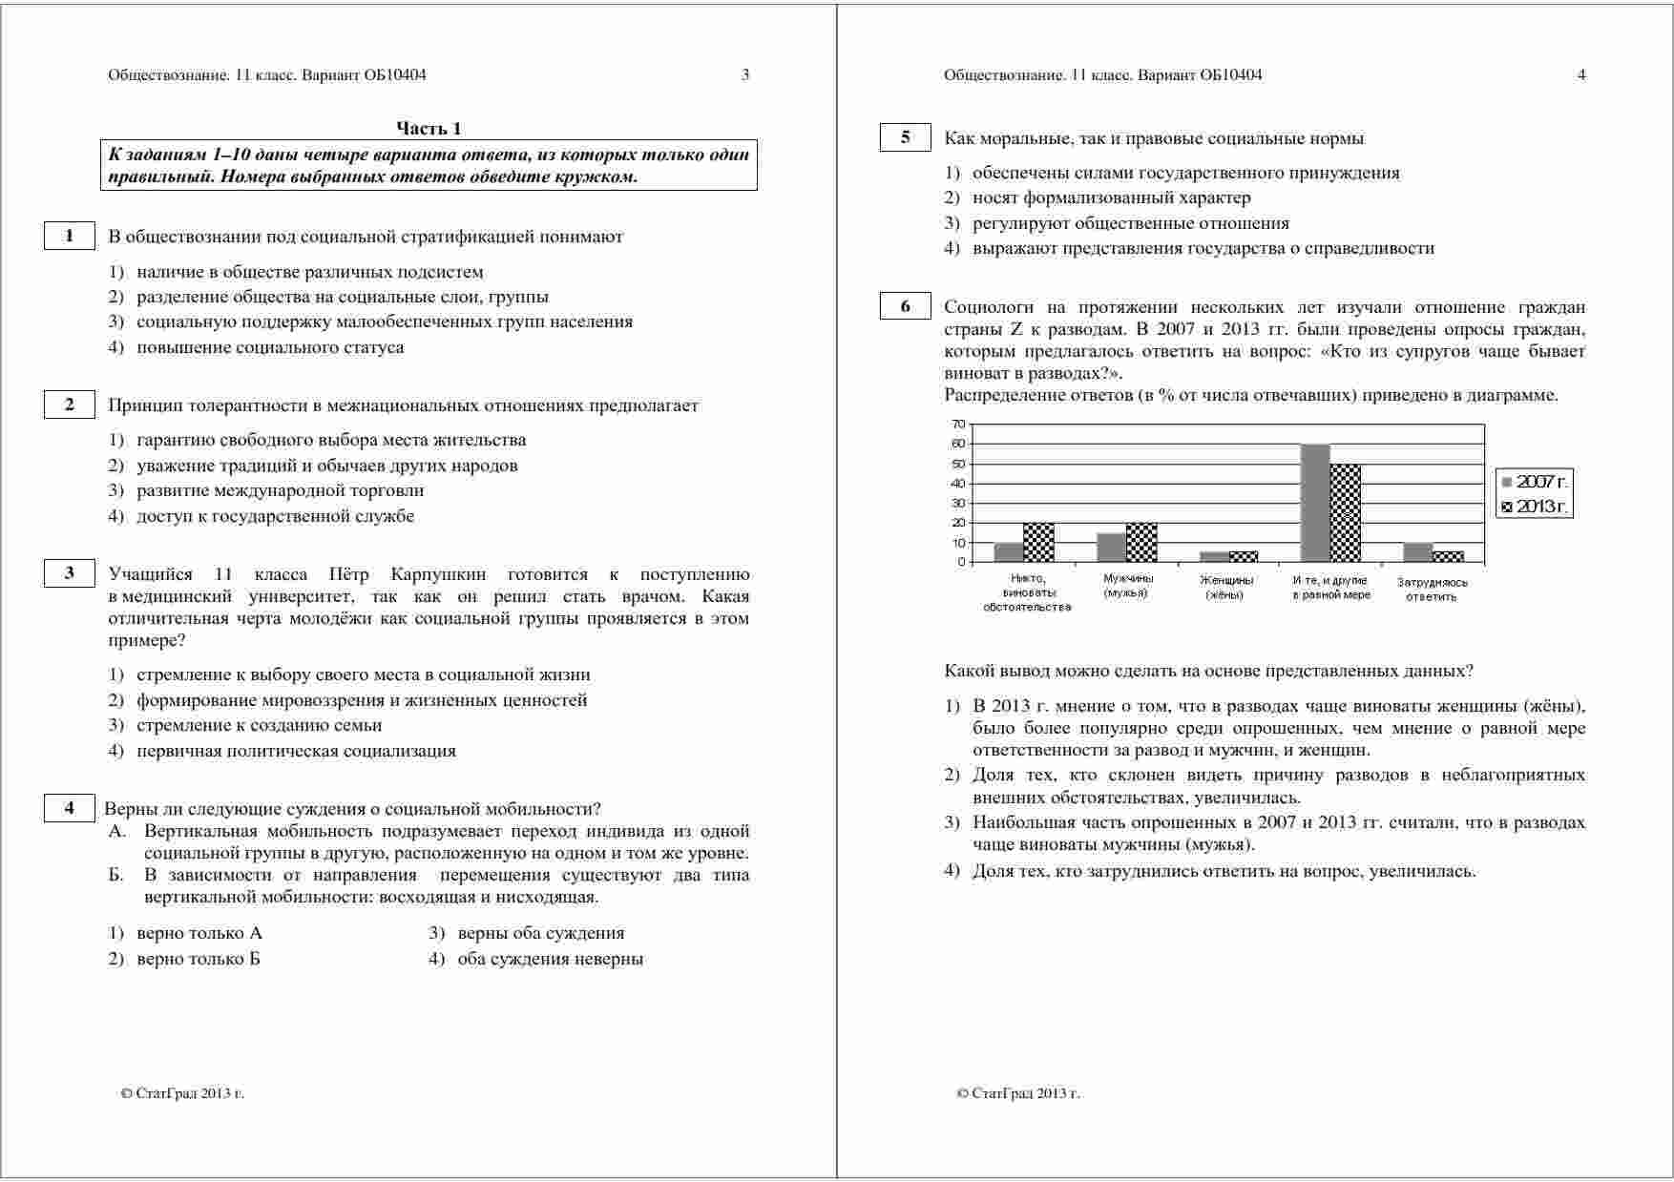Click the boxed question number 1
tap(69, 236)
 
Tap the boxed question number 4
tap(69, 808)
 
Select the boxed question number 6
tap(905, 306)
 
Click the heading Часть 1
tap(429, 129)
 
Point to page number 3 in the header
tap(745, 74)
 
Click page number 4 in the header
tap(1581, 74)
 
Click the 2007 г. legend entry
tap(1534, 482)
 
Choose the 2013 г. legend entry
tap(1534, 507)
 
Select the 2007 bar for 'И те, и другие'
tap(1315, 503)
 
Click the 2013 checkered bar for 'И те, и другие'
tap(1345, 512)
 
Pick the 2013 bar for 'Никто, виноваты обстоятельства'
tap(1039, 542)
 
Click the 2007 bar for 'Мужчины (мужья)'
tap(1111, 547)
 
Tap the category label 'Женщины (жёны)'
tap(1225, 587)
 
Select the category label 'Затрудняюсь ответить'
tap(1432, 589)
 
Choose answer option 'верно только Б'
tap(198, 959)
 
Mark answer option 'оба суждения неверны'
tap(549, 959)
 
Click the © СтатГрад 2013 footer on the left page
tap(182, 1093)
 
